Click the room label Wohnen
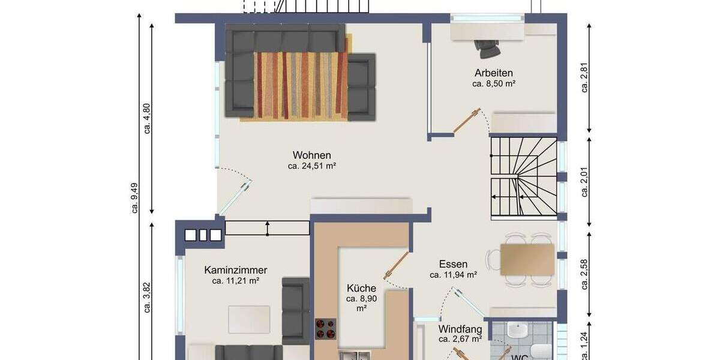click(311, 155)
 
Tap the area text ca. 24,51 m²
click(311, 166)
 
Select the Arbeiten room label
click(493, 73)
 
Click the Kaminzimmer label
click(235, 270)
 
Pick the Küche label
click(361, 288)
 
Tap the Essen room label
click(453, 264)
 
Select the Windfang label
click(460, 329)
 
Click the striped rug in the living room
click(300, 84)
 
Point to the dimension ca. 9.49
click(135, 195)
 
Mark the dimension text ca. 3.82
click(147, 298)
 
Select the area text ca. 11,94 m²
click(453, 275)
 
